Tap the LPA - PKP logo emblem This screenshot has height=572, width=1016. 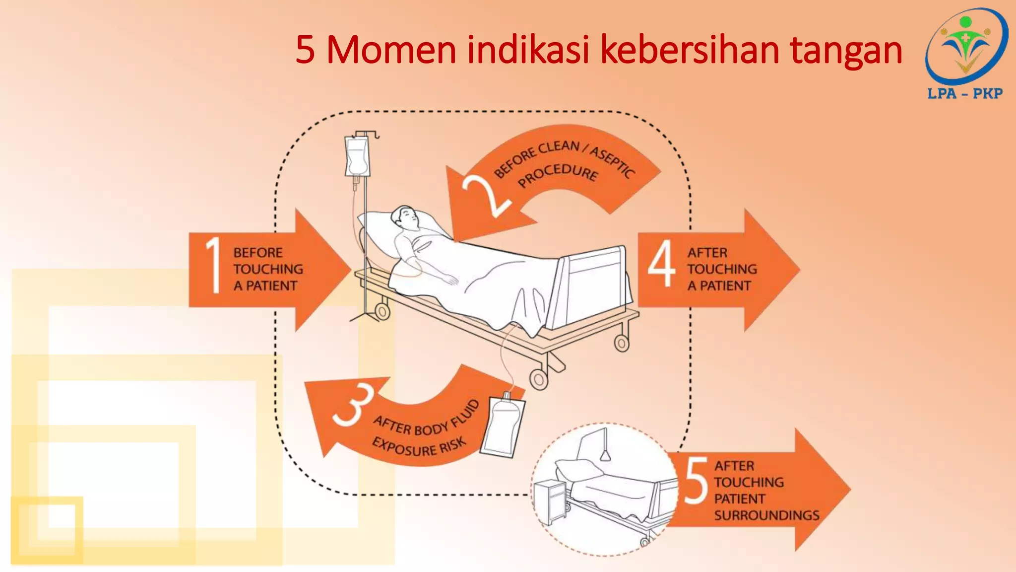[x=965, y=47]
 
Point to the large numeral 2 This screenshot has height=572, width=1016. [x=485, y=196]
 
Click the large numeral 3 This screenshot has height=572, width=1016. [x=353, y=405]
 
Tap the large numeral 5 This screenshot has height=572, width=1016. [x=696, y=480]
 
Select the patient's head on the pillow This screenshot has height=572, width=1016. [x=404, y=218]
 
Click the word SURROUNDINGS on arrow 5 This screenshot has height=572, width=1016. [x=766, y=515]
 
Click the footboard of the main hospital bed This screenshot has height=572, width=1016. [x=593, y=288]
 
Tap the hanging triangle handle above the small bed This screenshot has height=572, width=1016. [x=606, y=455]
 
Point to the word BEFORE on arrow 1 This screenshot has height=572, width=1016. [x=258, y=253]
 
